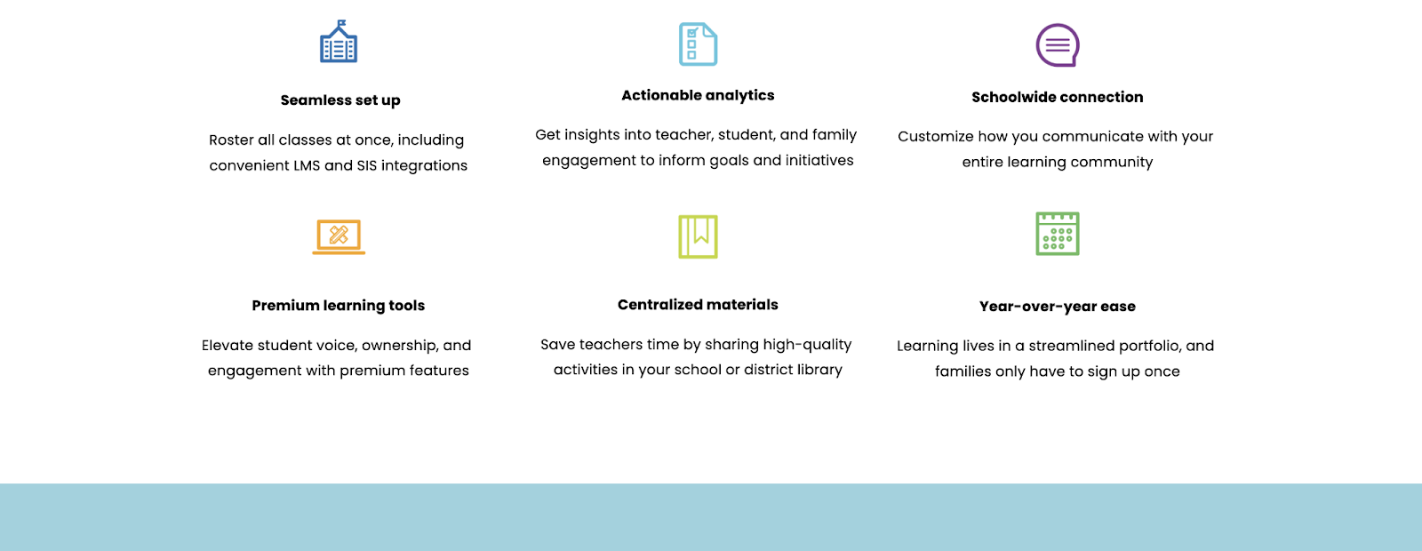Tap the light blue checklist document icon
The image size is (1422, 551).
698,44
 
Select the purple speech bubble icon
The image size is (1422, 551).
1058,45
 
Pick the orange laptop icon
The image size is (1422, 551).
339,236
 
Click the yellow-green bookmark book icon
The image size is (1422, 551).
698,236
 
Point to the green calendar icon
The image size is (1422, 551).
1058,234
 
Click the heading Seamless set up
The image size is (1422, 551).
340,100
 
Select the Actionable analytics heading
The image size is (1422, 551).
698,95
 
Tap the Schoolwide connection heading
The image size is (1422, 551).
1058,97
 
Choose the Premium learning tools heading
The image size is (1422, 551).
339,306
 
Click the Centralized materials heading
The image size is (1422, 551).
698,305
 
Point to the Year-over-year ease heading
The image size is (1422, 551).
1058,307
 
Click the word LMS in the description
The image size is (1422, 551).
307,165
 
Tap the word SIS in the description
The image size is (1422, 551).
367,165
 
